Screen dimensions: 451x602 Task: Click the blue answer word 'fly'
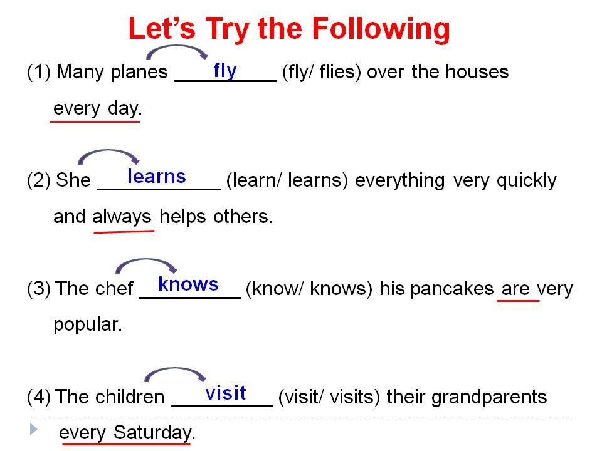(x=224, y=70)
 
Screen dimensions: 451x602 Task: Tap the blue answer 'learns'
(x=156, y=177)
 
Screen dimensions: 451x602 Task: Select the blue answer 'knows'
(x=188, y=284)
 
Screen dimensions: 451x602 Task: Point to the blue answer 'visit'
(x=226, y=393)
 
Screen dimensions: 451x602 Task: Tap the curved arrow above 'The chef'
(x=147, y=263)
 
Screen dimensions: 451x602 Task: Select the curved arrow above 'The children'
(x=175, y=372)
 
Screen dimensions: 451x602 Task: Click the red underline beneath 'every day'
(x=95, y=121)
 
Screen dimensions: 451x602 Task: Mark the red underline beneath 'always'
(x=124, y=231)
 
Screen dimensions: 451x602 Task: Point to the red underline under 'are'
(x=518, y=301)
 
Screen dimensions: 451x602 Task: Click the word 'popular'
(x=87, y=326)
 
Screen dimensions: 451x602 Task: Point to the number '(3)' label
(x=38, y=289)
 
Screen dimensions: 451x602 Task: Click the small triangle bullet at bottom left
(x=33, y=430)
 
